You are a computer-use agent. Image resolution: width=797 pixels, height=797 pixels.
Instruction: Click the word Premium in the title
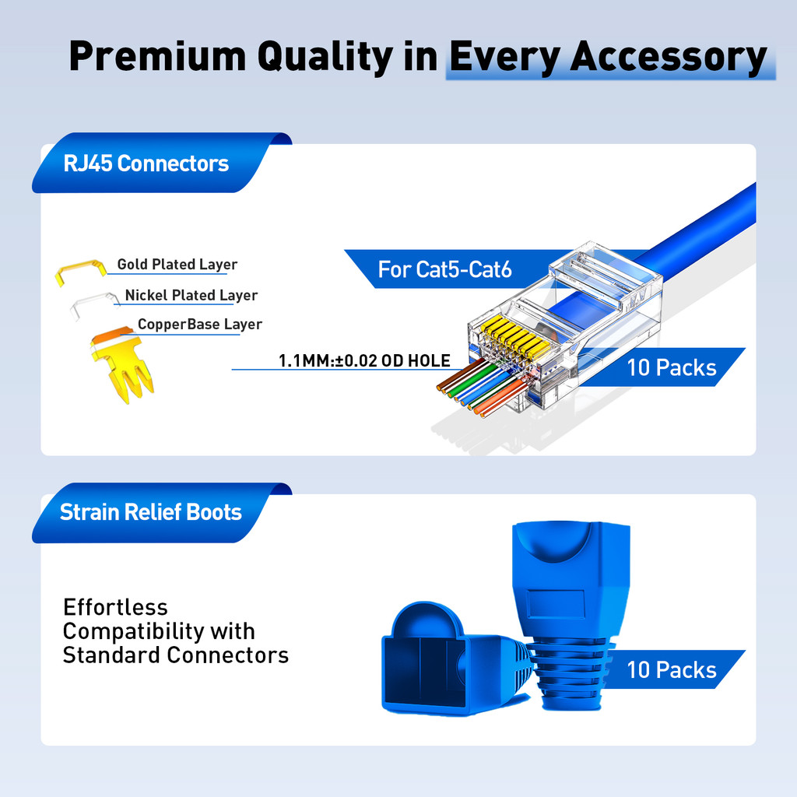click(157, 56)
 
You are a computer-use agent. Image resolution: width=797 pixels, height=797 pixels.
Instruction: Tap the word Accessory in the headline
click(669, 57)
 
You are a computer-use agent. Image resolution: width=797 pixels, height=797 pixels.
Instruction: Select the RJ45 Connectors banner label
click(146, 163)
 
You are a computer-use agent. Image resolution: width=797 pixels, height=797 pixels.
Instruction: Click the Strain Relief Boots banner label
click(151, 512)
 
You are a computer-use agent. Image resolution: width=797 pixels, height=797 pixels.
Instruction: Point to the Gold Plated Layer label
click(177, 265)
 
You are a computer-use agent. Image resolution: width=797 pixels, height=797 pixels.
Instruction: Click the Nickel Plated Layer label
click(191, 295)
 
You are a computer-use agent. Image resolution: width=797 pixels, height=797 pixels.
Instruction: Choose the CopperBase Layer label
click(200, 325)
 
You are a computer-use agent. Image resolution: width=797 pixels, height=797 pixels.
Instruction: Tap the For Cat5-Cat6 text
click(444, 269)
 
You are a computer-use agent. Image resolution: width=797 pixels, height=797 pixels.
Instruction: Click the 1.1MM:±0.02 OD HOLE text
click(364, 361)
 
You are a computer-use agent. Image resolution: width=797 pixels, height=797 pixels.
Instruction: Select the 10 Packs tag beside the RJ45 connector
click(672, 367)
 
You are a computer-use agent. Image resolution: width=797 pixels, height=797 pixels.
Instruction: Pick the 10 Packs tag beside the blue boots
click(672, 670)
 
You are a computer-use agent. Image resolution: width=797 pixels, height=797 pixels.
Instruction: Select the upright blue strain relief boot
click(571, 615)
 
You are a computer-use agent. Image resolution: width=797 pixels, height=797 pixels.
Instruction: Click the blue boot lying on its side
click(455, 660)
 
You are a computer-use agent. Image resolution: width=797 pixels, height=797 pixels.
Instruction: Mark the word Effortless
click(115, 607)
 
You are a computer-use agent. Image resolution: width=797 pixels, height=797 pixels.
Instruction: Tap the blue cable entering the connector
click(696, 229)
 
